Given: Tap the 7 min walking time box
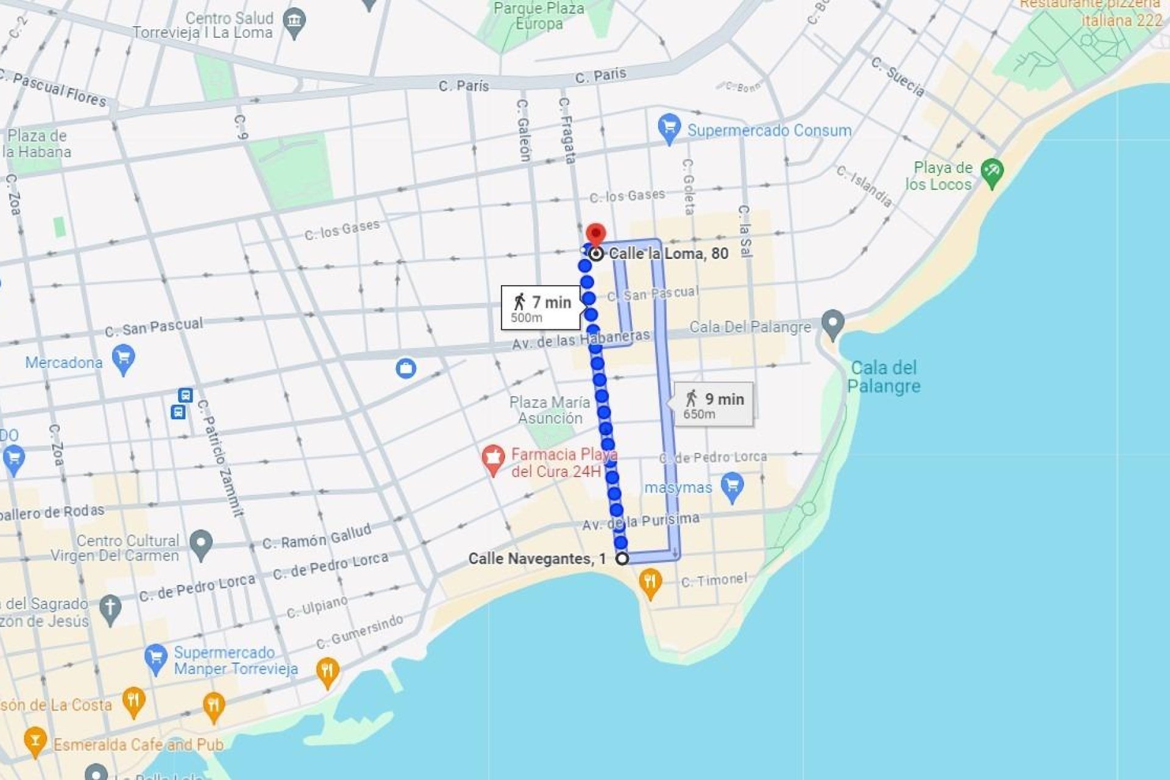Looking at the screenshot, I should (x=541, y=307).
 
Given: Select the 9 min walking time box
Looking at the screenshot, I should (x=714, y=404).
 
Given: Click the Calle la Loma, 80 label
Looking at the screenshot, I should (x=668, y=253).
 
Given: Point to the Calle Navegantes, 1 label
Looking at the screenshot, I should (x=537, y=559).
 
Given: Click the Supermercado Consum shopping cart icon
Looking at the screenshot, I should (x=669, y=129).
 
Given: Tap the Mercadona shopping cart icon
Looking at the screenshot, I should (x=123, y=359).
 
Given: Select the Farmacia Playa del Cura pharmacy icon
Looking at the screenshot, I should (x=493, y=459).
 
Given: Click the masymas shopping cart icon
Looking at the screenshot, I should (x=732, y=487).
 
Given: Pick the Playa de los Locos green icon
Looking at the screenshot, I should (x=992, y=173).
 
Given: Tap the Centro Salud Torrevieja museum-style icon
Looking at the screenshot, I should (x=294, y=23).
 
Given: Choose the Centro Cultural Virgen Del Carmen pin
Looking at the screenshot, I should (x=200, y=544).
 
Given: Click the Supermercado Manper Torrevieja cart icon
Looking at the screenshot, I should (x=156, y=659).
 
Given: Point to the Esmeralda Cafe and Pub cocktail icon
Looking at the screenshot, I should (x=35, y=742).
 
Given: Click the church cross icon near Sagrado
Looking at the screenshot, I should (x=110, y=609).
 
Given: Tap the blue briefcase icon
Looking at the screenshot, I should (x=406, y=368).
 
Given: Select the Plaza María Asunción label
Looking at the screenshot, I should (x=550, y=410).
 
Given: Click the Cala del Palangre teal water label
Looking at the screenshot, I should (x=884, y=377).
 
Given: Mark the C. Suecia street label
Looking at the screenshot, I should (x=897, y=77).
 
